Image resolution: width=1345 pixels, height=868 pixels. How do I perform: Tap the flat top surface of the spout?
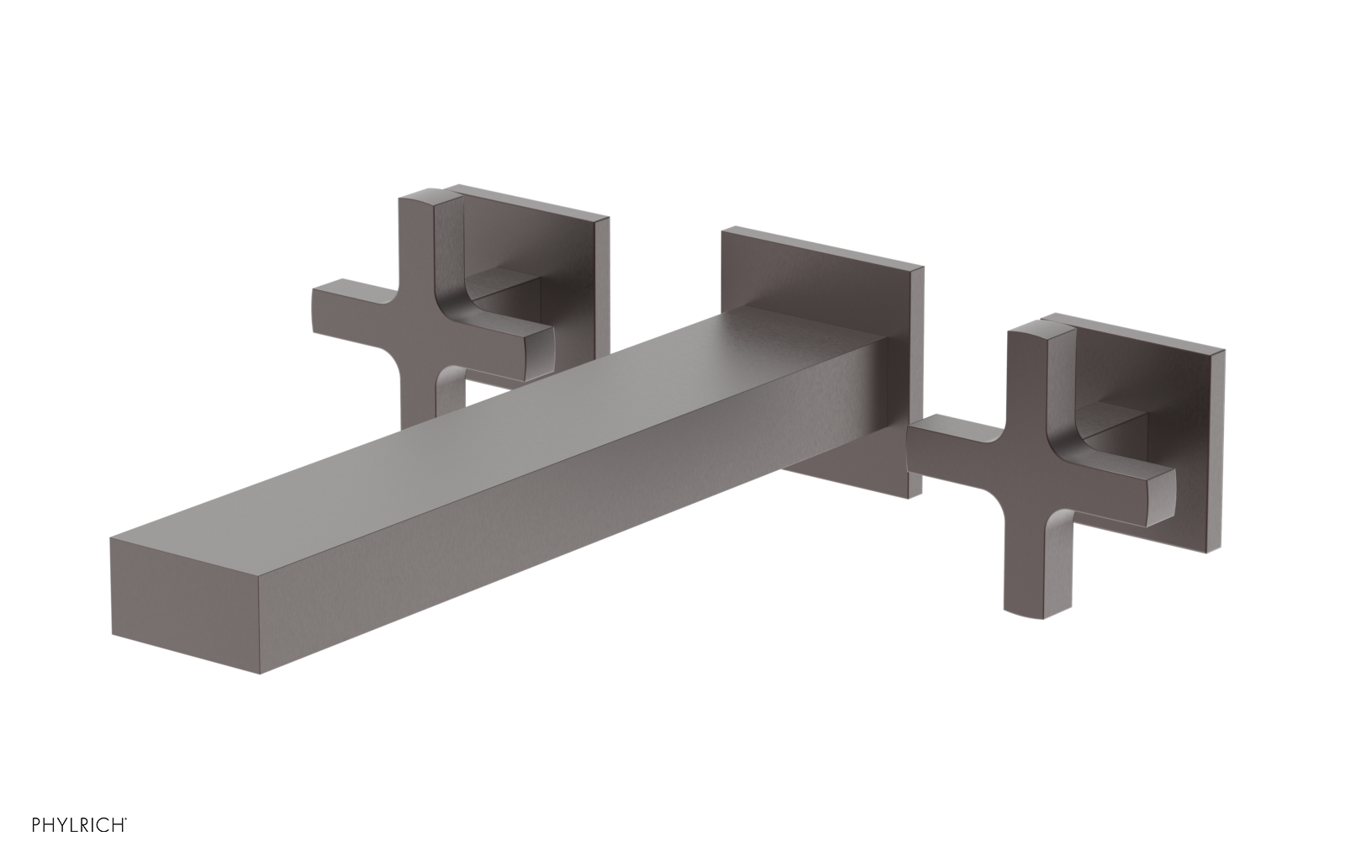[504, 421]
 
